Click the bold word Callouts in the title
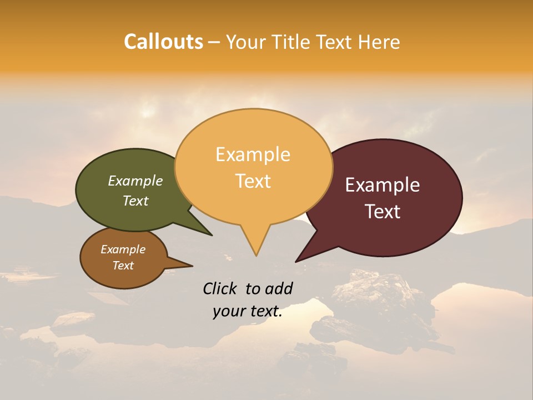(x=163, y=42)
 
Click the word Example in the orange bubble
(x=253, y=154)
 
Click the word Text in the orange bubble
(x=253, y=181)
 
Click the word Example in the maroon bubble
(x=382, y=185)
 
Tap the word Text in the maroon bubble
(x=383, y=212)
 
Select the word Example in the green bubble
(x=135, y=181)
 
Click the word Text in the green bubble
(x=135, y=201)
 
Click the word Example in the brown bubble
(x=123, y=249)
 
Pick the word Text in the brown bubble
(x=123, y=266)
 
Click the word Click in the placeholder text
(x=220, y=288)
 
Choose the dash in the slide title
(x=214, y=42)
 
